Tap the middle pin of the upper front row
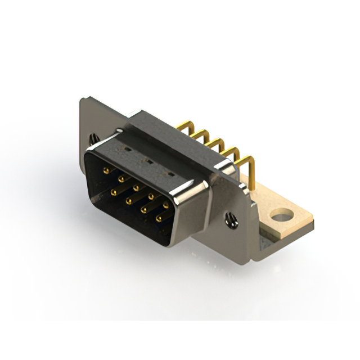(136, 187)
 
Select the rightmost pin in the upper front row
(165, 205)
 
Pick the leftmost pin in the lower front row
(114, 192)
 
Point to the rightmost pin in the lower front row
(159, 218)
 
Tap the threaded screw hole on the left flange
(93, 138)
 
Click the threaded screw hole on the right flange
(231, 220)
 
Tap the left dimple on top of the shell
(128, 150)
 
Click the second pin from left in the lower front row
(129, 200)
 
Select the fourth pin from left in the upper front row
(151, 196)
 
